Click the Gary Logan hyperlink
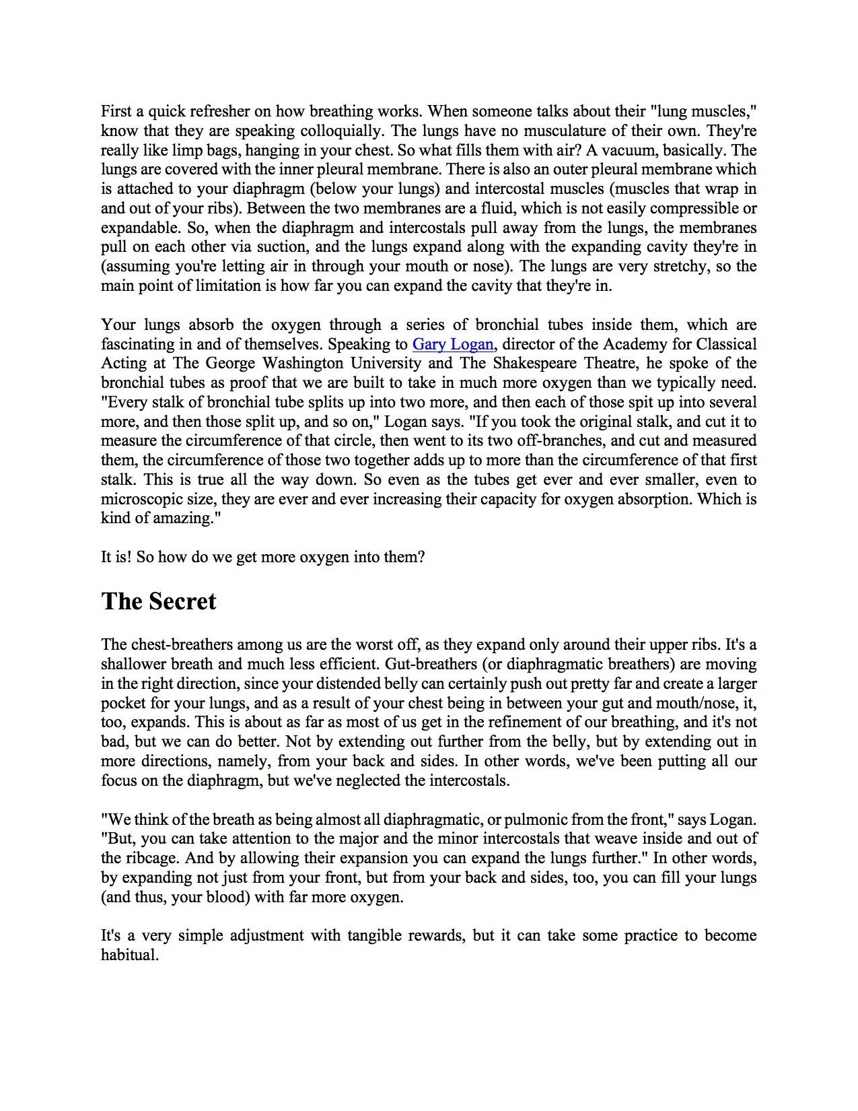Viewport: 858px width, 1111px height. click(453, 344)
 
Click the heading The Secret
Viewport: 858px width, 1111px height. click(159, 601)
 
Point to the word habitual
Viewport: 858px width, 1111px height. click(129, 955)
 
